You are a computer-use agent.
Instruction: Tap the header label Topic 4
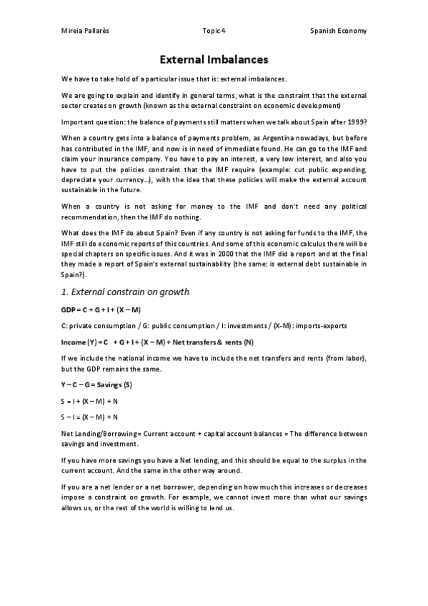(x=214, y=31)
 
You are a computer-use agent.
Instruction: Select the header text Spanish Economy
(x=339, y=31)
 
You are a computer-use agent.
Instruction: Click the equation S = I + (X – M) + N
(x=89, y=402)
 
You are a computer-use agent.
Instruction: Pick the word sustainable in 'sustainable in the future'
(x=81, y=192)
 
